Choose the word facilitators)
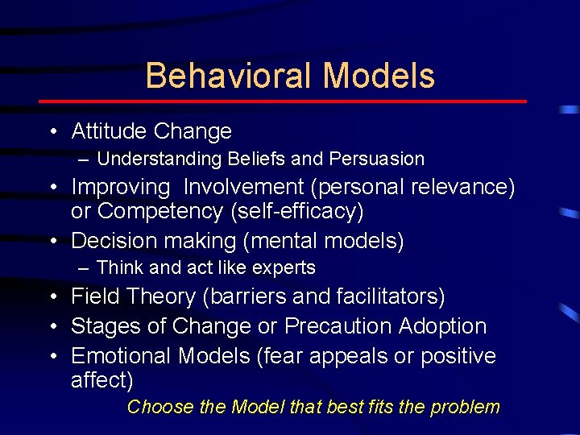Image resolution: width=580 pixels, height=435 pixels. [x=394, y=296]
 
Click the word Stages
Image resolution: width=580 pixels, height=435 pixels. [x=100, y=326]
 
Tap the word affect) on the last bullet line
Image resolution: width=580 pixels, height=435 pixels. [x=102, y=379]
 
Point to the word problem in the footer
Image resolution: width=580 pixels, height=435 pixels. [x=465, y=407]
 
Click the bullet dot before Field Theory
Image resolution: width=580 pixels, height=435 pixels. [x=52, y=297]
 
